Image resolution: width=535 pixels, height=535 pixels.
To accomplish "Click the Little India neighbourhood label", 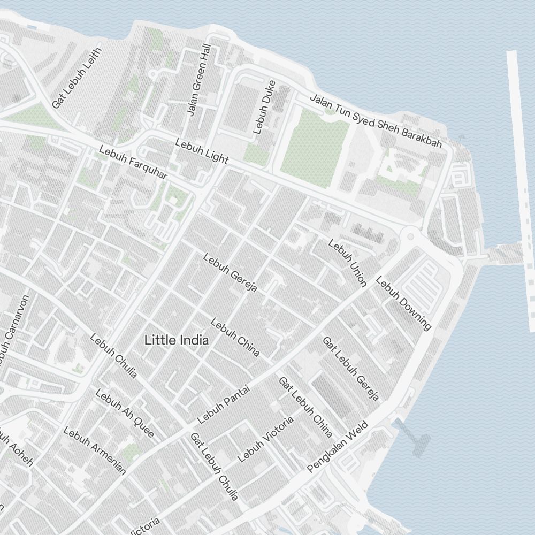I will [177, 340].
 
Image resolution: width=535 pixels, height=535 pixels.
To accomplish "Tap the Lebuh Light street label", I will [202, 151].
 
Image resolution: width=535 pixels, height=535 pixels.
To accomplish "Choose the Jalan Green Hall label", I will [198, 80].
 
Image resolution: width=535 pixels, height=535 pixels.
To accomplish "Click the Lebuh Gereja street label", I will [230, 272].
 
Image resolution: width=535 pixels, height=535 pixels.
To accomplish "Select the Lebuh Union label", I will [347, 263].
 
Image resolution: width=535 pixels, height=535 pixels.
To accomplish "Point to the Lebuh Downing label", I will [403, 303].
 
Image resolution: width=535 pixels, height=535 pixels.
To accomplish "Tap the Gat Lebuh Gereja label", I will [350, 368].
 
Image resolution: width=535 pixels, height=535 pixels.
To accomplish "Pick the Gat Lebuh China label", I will [305, 407].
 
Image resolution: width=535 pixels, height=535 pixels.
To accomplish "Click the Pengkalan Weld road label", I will [338, 447].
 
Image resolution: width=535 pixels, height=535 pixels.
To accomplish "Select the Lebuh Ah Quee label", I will [125, 413].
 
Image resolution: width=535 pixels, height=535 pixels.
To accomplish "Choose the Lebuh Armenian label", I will [95, 450].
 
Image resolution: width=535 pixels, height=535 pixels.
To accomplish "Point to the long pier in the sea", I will [521, 187].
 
